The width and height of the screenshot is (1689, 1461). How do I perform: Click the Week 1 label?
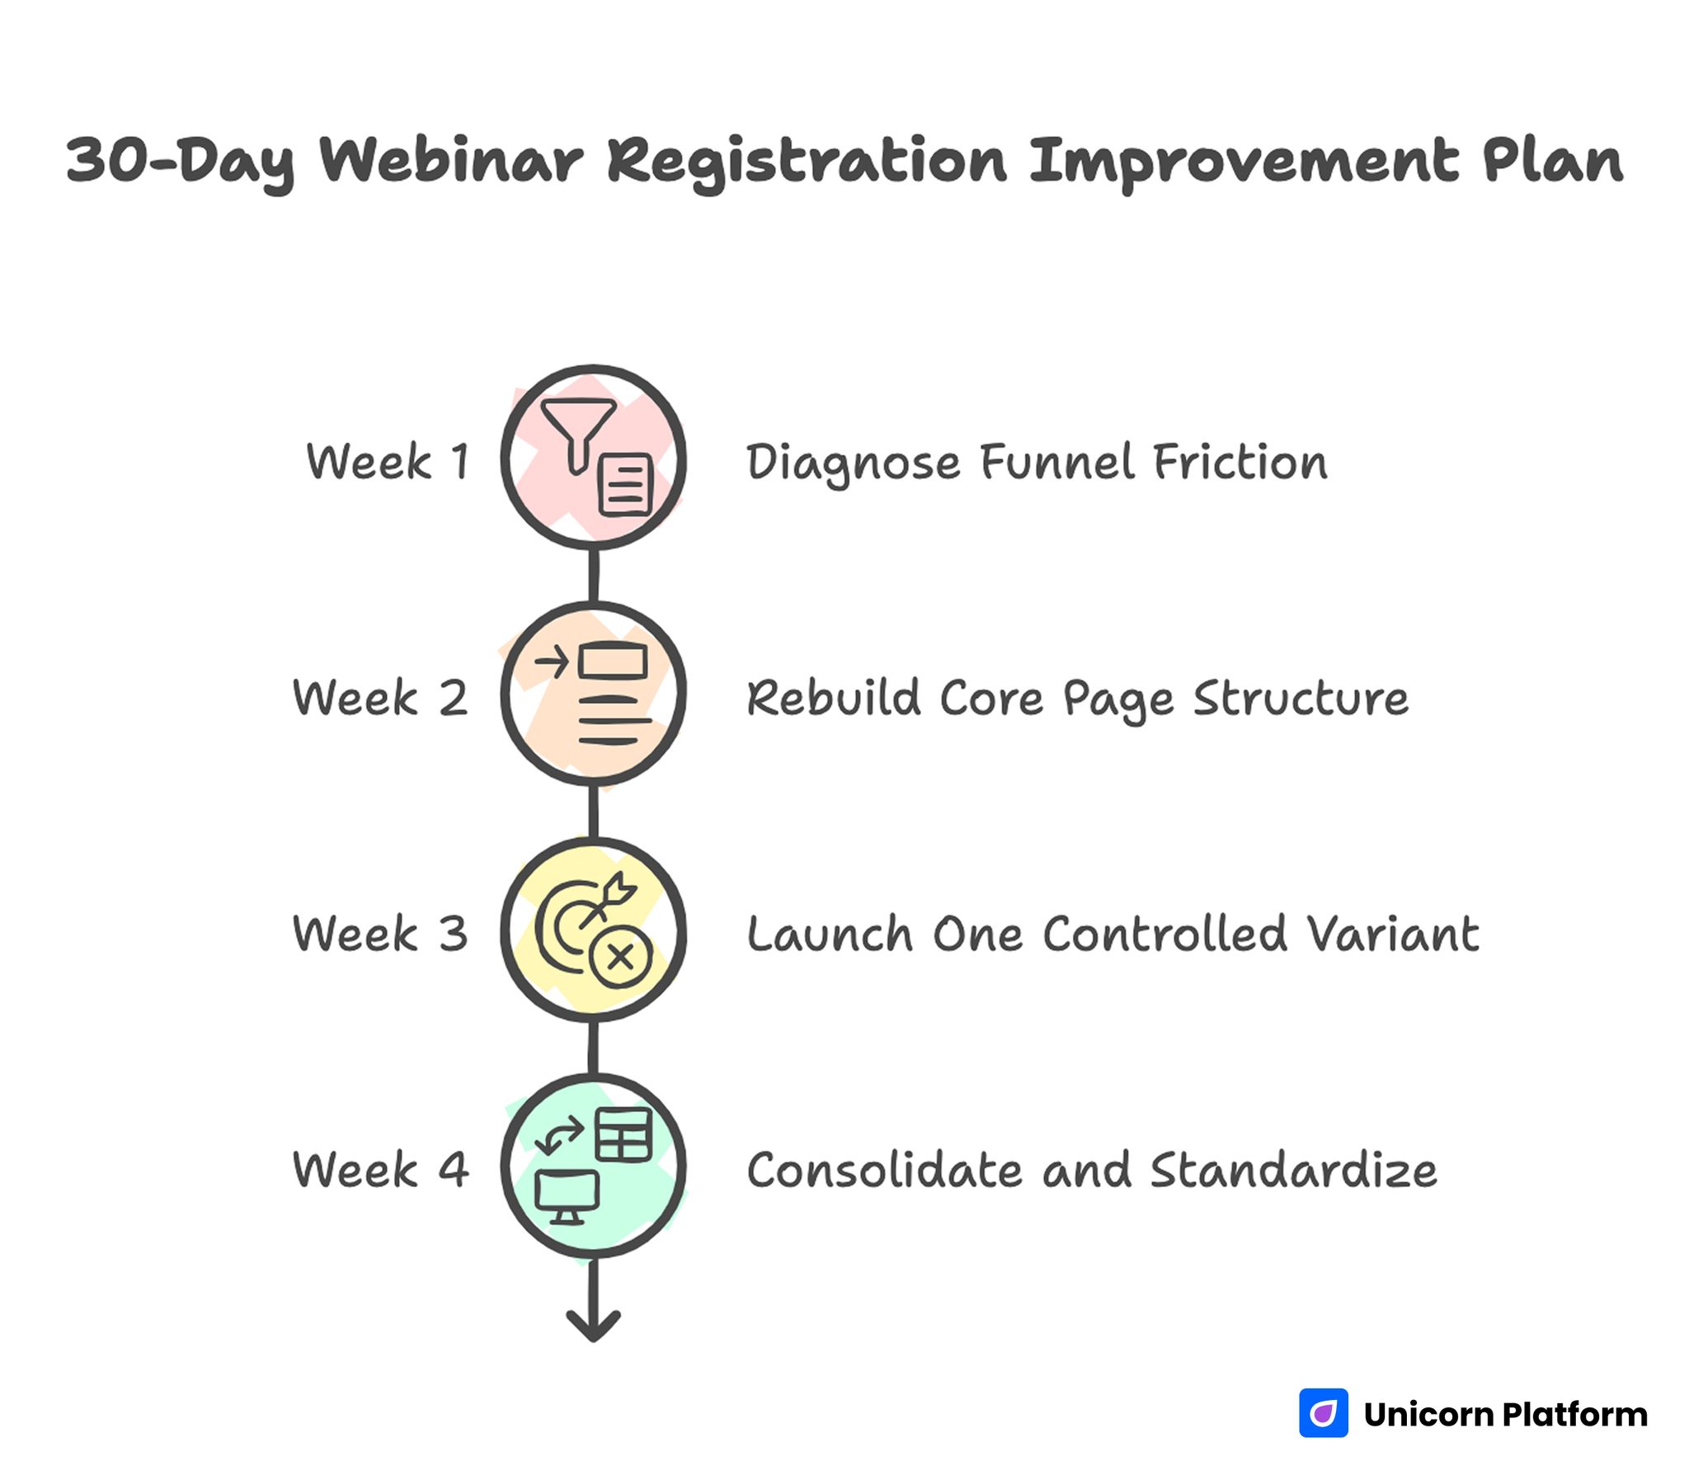click(388, 461)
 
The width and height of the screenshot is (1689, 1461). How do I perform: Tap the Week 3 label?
click(380, 934)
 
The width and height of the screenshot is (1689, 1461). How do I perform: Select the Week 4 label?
click(380, 1170)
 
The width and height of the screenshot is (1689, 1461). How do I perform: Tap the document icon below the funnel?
click(625, 486)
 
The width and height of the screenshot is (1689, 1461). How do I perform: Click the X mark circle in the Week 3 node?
click(621, 957)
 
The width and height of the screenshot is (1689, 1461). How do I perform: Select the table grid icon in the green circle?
click(623, 1134)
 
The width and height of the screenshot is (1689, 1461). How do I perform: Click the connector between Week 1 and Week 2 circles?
click(593, 575)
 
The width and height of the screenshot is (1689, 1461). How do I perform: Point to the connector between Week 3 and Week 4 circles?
click(593, 1048)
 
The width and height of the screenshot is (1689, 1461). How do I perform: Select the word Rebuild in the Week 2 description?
click(833, 698)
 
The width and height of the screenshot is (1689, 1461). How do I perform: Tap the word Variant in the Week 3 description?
click(1393, 934)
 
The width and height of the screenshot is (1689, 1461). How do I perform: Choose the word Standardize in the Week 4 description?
click(1293, 1170)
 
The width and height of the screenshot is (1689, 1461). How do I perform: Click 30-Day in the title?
click(180, 162)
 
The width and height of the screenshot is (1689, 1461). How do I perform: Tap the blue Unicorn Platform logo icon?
click(1323, 1412)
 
